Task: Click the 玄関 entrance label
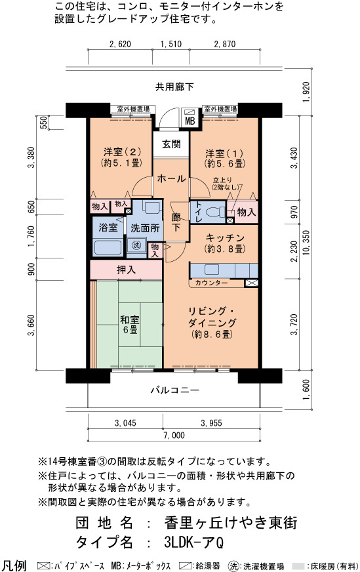coord(171,144)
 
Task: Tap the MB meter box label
coord(190,121)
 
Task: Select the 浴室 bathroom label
coord(108,227)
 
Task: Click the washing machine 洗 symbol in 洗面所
coord(136,245)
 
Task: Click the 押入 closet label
coord(126,270)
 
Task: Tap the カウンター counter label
coord(212,283)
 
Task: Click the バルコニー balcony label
coord(175,390)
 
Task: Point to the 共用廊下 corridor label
coord(174,87)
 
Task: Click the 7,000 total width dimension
coord(174,435)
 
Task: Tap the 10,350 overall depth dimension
coord(306,243)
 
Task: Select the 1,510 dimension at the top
coord(171,44)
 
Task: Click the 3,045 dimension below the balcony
coord(125,423)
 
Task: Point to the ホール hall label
coord(171,178)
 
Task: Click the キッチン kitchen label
coord(225,238)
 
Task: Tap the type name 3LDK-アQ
coord(194,542)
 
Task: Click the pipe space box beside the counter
coord(251,283)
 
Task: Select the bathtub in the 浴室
coord(108,247)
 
